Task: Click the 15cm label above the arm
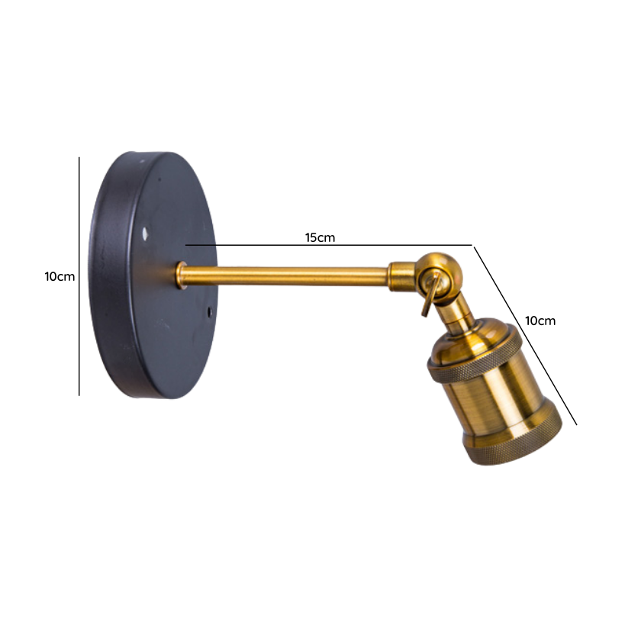click(320, 237)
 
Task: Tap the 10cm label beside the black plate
click(60, 276)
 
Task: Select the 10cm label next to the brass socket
click(540, 320)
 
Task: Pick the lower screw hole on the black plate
click(211, 312)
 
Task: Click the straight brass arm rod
click(290, 275)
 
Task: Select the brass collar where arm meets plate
click(182, 275)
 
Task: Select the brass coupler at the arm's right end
click(400, 275)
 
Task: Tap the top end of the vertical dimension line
click(79, 159)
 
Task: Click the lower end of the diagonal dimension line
click(575, 424)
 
